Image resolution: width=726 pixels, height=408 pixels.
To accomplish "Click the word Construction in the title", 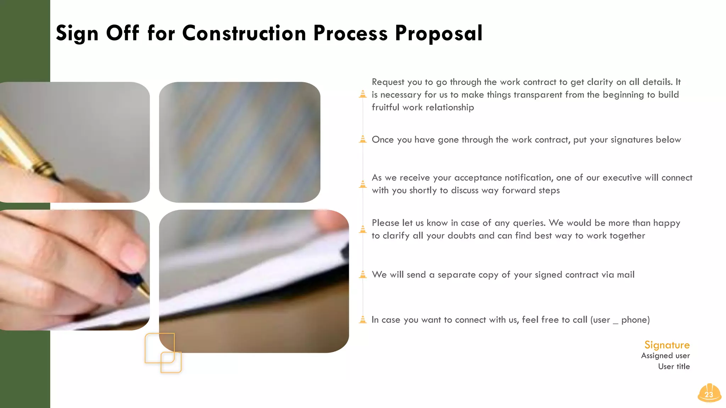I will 244,33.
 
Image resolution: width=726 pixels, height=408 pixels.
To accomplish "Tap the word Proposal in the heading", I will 439,33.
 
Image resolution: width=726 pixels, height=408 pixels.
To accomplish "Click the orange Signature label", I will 667,345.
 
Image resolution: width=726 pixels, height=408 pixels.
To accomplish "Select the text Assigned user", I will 665,356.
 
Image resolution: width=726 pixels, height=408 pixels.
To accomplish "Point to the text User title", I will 674,367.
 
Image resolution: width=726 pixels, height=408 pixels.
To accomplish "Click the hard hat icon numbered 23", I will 709,393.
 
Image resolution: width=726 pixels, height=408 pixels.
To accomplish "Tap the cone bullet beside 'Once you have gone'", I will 363,139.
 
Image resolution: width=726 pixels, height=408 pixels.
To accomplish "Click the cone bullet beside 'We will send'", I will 363,274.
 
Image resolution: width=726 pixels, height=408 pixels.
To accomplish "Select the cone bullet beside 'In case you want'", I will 363,319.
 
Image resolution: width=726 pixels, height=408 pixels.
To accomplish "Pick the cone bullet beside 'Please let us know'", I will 363,229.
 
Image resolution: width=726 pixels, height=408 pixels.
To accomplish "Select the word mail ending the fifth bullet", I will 626,275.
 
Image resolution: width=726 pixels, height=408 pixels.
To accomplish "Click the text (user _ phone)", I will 620,320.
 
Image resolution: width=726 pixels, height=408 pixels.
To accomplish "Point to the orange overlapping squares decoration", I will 163,353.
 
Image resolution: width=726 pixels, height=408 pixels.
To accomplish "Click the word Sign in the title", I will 77,33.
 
